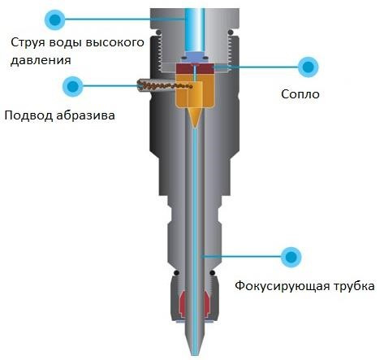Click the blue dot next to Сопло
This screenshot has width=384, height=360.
click(x=308, y=67)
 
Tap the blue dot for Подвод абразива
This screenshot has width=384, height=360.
click(x=72, y=86)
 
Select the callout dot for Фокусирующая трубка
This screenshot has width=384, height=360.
click(x=291, y=257)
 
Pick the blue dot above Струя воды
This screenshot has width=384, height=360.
click(x=55, y=20)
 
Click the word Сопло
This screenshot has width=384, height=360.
click(x=300, y=94)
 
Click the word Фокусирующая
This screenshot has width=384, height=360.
click(x=283, y=286)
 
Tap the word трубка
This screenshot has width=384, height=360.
click(x=354, y=286)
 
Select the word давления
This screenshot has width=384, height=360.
click(x=41, y=60)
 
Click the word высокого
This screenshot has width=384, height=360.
click(x=114, y=43)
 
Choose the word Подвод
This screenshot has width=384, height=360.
click(x=28, y=115)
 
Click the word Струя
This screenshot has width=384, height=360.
click(x=28, y=43)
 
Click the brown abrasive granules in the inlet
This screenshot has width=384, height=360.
click(x=165, y=85)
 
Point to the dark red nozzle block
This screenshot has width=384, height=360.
click(x=195, y=69)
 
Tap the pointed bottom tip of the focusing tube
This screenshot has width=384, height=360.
click(x=195, y=355)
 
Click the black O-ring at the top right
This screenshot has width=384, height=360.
click(x=231, y=33)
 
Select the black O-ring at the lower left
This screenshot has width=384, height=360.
click(x=177, y=272)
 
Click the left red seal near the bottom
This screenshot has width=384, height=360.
click(x=182, y=304)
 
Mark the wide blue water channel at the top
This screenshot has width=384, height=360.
click(x=195, y=30)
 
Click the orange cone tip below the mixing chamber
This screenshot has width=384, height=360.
click(x=195, y=116)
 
